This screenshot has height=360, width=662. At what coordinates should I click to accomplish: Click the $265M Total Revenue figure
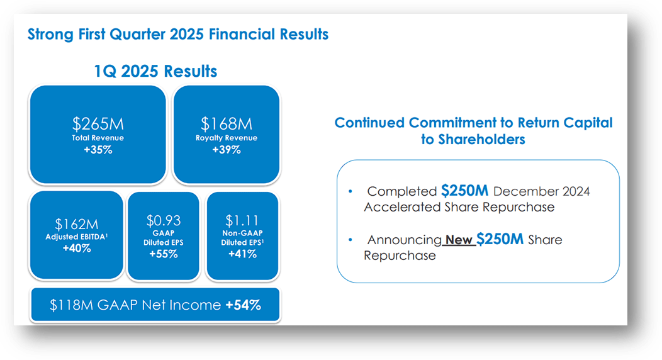(x=98, y=124)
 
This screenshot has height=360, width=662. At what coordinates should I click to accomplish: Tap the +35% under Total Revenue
(x=98, y=150)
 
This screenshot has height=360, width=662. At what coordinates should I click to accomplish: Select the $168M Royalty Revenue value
(x=227, y=124)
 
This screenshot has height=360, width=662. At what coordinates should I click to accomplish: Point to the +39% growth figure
(x=227, y=150)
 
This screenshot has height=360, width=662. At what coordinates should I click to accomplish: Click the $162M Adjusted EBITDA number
(x=76, y=224)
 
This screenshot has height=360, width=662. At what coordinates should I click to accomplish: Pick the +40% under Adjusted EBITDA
(x=76, y=248)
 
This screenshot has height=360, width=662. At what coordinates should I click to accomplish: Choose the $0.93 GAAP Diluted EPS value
(x=164, y=220)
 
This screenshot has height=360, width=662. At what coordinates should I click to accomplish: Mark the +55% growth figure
(x=164, y=254)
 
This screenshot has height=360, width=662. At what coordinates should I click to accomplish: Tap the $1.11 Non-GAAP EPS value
(x=242, y=220)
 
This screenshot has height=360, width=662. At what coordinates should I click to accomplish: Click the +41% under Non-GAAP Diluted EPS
(x=242, y=254)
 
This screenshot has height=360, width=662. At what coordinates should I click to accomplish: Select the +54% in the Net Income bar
(x=243, y=305)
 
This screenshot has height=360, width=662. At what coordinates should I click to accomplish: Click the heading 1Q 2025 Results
(x=155, y=71)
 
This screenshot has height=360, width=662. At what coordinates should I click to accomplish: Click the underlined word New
(x=459, y=240)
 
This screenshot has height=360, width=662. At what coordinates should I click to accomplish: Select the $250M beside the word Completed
(x=464, y=191)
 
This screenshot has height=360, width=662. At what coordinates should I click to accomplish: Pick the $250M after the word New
(x=500, y=239)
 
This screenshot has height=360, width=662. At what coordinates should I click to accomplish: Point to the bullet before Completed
(x=350, y=191)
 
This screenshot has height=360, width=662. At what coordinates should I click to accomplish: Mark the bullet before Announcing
(x=350, y=240)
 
